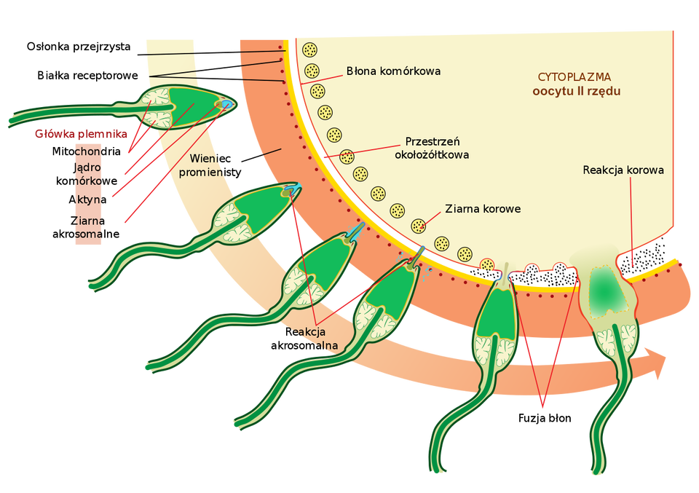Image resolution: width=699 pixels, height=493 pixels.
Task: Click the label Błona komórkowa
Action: point(393,71)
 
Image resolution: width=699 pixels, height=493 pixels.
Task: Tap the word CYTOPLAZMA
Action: point(574,76)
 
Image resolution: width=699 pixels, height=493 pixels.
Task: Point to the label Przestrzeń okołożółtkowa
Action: point(437,148)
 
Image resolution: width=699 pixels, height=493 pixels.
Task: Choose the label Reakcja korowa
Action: point(623,170)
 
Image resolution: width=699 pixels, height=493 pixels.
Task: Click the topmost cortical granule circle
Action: point(310,50)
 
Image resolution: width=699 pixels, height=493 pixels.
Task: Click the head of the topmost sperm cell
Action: point(197,104)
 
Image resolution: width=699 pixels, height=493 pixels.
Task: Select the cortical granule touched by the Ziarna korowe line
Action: point(418,226)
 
